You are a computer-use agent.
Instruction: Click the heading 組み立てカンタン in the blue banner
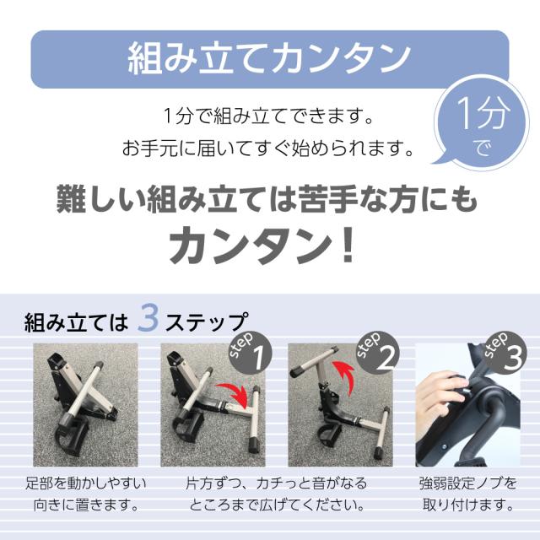269,59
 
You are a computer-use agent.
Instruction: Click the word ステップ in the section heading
205,322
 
